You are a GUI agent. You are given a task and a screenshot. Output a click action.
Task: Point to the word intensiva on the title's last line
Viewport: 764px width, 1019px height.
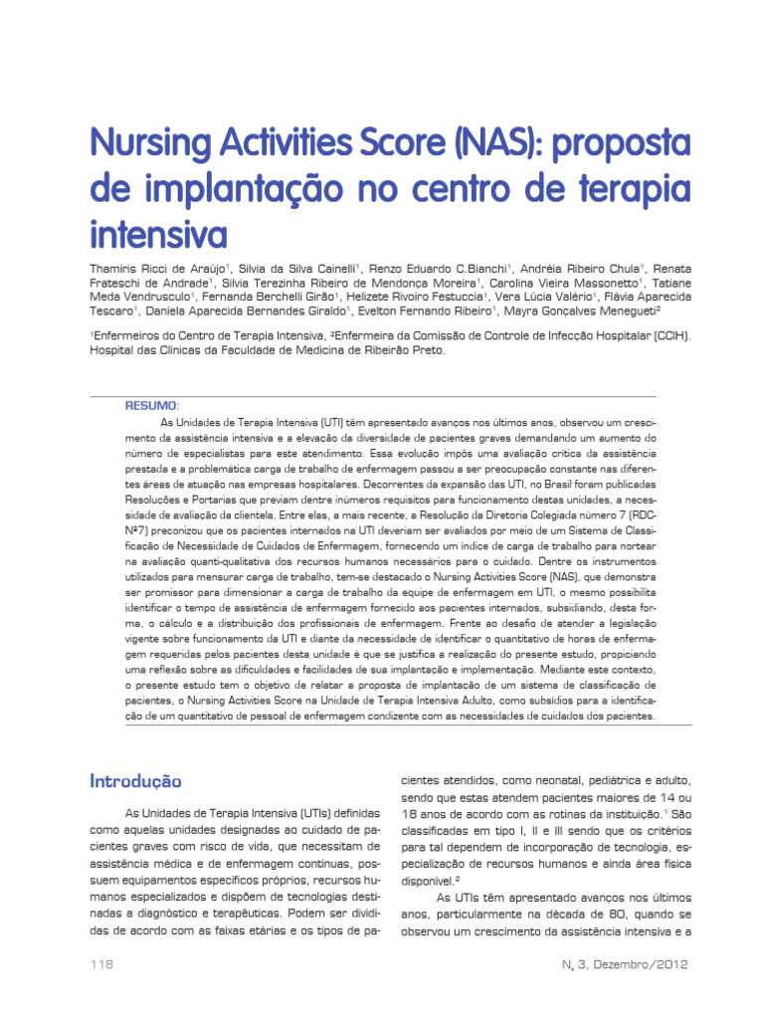158,236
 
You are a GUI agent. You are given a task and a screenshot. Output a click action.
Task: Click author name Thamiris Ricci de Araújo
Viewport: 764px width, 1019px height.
158,270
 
